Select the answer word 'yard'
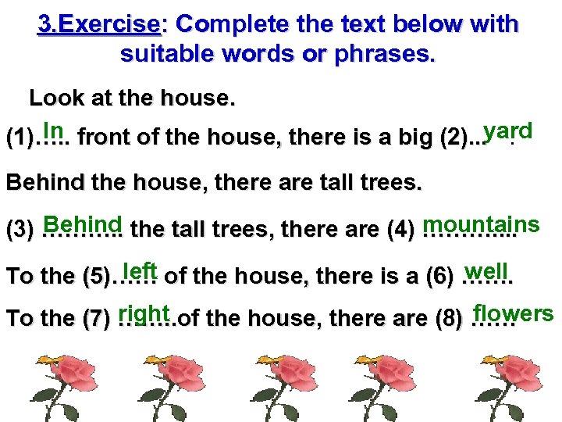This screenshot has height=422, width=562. click(508, 131)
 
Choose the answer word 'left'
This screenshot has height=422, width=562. click(140, 270)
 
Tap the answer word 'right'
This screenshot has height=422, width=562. click(144, 313)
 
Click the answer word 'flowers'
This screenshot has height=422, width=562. click(514, 313)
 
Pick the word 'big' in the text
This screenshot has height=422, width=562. click(398, 139)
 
